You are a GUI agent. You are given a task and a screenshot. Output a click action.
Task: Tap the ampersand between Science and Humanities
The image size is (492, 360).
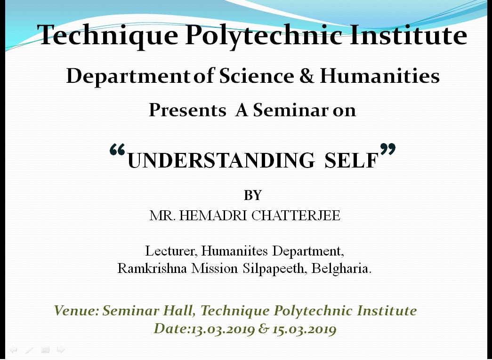(x=306, y=76)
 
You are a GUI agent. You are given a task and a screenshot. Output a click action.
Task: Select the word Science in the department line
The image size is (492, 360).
(x=256, y=76)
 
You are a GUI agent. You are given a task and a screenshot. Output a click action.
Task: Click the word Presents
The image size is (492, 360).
(x=187, y=110)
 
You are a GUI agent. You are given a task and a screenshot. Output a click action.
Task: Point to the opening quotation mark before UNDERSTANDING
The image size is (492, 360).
(x=117, y=150)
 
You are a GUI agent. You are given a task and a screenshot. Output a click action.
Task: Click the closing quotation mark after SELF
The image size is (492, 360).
(x=388, y=149)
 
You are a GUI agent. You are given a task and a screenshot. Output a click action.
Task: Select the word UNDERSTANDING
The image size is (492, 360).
(x=221, y=160)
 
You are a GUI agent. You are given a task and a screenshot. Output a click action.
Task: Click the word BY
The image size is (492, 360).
(x=252, y=195)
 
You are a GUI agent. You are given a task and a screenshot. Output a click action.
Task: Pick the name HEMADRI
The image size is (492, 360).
(x=213, y=216)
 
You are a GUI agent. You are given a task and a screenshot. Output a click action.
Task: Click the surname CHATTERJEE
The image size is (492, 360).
(x=296, y=216)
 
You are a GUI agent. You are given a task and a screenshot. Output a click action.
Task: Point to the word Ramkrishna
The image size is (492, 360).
(x=152, y=268)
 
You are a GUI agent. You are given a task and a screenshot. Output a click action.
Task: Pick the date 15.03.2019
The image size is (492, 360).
(x=304, y=329)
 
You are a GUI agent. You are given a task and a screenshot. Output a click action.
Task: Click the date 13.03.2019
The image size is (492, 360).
(x=223, y=329)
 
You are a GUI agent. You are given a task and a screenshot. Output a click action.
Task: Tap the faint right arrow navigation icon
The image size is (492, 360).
(x=61, y=349)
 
